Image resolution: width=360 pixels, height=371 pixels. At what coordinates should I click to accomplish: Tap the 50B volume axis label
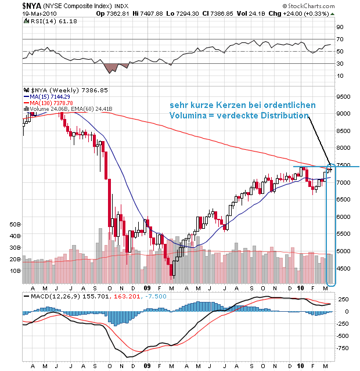point(15,224)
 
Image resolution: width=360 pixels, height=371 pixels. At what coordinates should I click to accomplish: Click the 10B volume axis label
point(15,271)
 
